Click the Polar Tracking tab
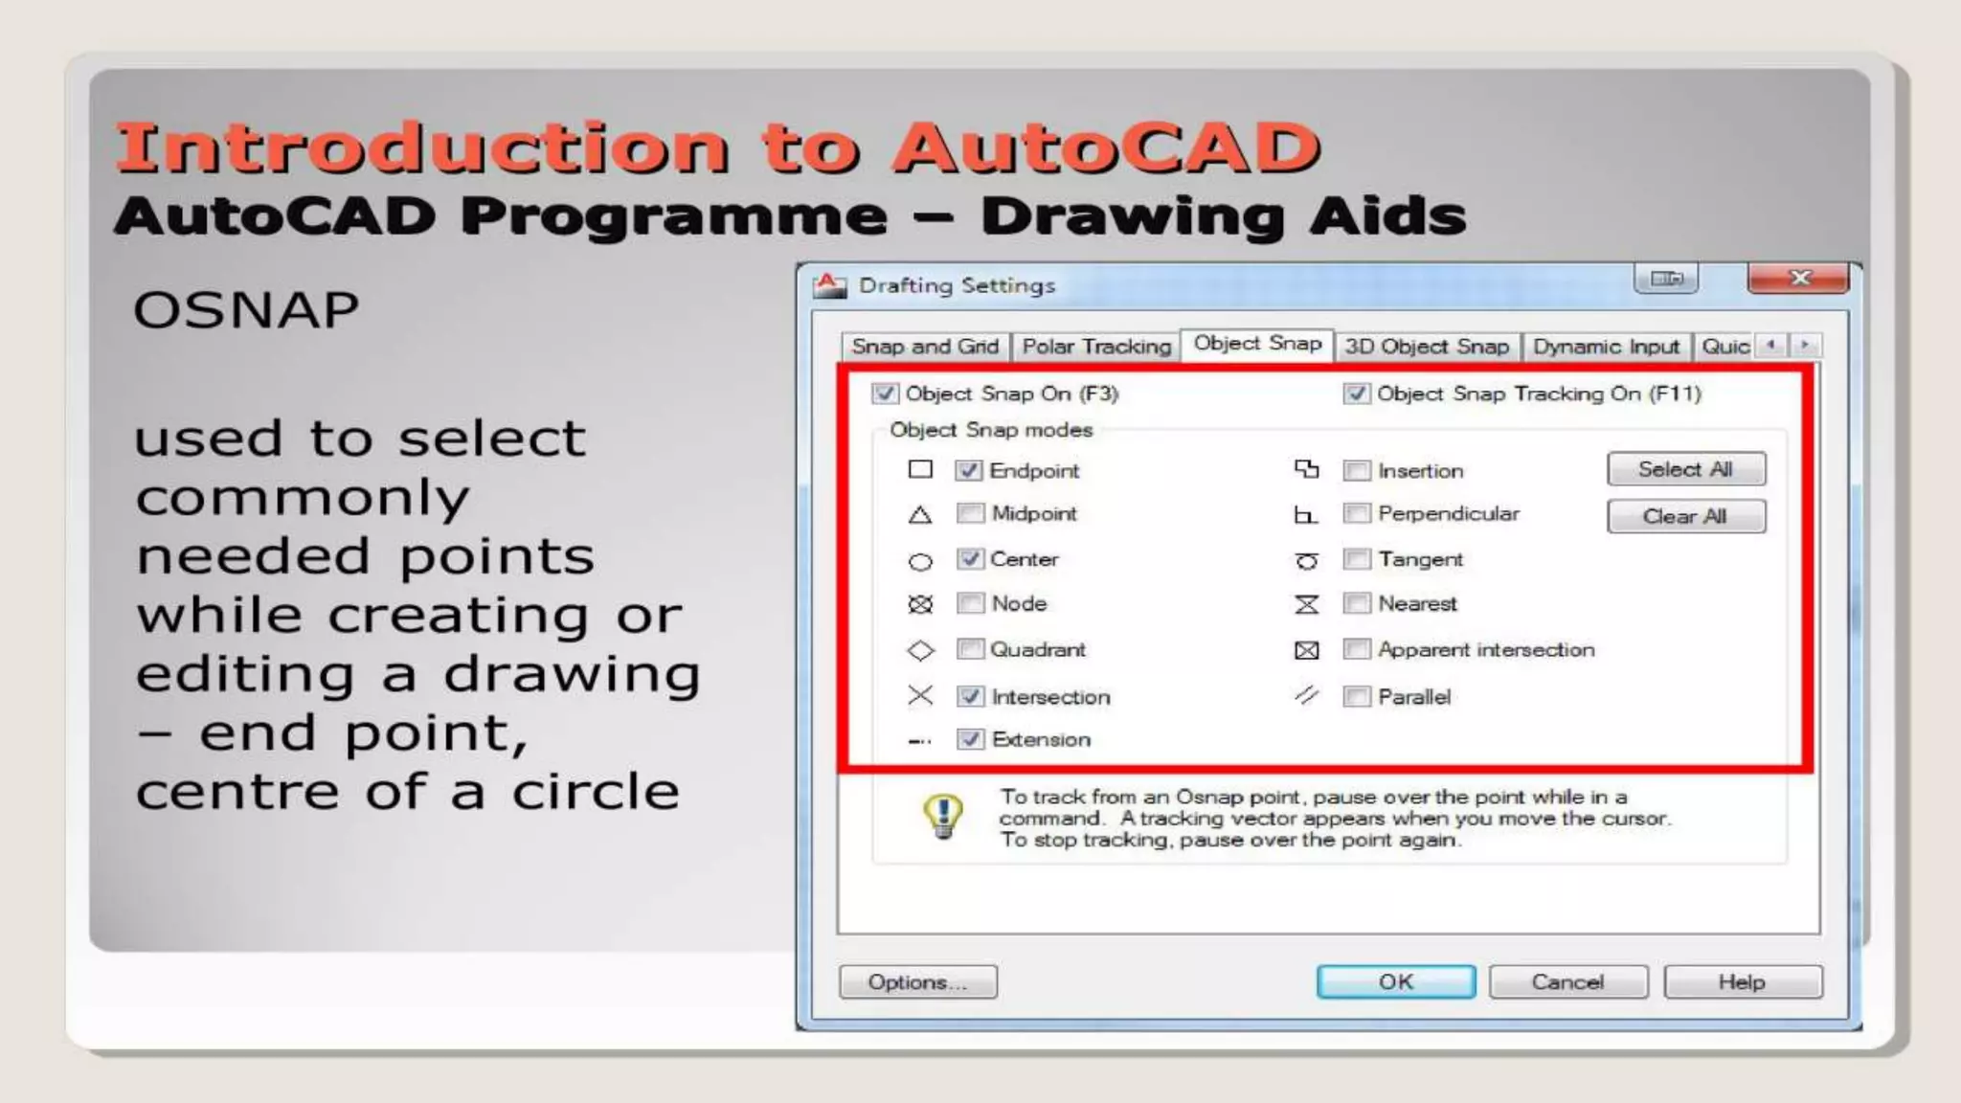click(1096, 347)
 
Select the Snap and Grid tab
click(925, 347)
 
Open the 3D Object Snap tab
click(1427, 347)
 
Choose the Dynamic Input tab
click(1606, 347)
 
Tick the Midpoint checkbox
click(970, 514)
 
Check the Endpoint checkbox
click(969, 470)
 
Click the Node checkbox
click(970, 603)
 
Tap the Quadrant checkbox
click(970, 649)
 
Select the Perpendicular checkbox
click(1356, 514)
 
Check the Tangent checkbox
click(1356, 559)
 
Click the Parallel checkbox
click(1356, 696)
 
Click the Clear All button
click(1685, 517)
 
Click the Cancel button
click(1567, 982)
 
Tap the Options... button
click(917, 982)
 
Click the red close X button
click(1798, 279)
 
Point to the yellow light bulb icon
click(943, 817)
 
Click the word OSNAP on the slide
click(246, 310)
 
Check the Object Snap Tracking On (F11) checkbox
click(1356, 394)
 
